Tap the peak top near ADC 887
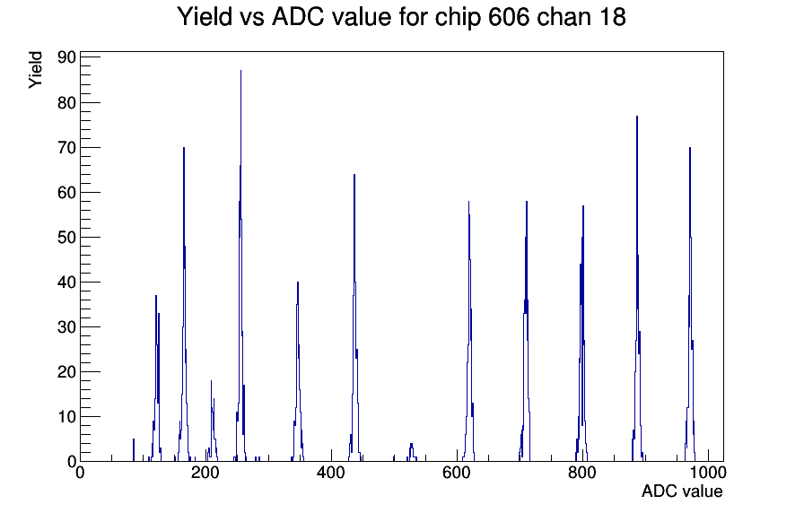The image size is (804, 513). [x=637, y=117]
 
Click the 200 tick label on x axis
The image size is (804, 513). [x=205, y=473]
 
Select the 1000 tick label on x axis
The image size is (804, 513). [x=707, y=473]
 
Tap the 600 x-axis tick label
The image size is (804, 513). [x=457, y=473]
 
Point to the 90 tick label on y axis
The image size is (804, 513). [x=66, y=57]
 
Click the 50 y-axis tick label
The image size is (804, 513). [x=66, y=238]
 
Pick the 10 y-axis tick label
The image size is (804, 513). [x=66, y=417]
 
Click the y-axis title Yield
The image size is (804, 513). [x=35, y=70]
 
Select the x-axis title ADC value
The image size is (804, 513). [x=682, y=491]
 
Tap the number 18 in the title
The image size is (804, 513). [x=611, y=16]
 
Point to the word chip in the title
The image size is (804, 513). [x=458, y=18]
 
